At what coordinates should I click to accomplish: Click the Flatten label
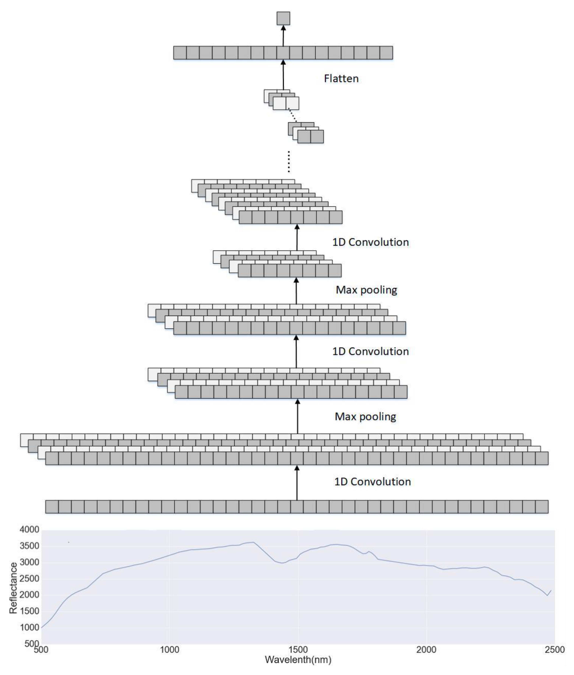pos(341,78)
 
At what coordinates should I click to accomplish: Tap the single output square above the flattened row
pos(283,18)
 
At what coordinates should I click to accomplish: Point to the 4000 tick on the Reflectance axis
pos(29,530)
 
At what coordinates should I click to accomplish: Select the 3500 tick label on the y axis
pos(29,546)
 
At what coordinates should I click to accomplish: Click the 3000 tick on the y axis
pos(29,562)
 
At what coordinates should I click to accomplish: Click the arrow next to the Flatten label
pos(283,75)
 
